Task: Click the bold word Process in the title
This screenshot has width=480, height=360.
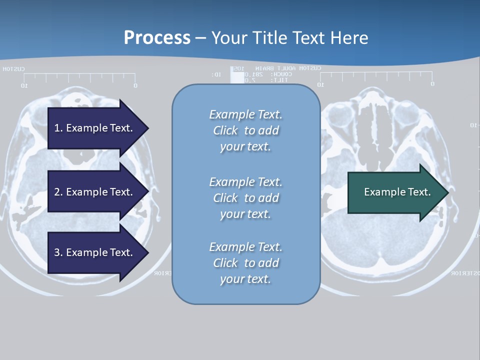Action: click(157, 38)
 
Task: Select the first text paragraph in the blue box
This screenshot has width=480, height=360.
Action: click(245, 130)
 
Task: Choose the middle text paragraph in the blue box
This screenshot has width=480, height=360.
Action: click(245, 197)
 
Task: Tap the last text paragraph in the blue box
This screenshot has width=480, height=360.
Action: click(245, 263)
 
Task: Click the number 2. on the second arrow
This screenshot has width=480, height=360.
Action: click(58, 192)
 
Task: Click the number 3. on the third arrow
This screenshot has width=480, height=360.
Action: click(58, 252)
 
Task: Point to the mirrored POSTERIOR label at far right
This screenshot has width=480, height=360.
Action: click(465, 273)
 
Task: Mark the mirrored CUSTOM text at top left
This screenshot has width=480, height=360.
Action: click(13, 69)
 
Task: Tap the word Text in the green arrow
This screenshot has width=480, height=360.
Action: click(419, 192)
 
